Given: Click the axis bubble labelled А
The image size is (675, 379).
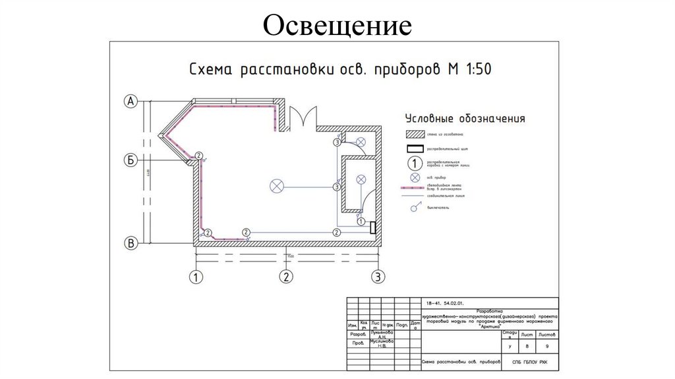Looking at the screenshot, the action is coord(131,101).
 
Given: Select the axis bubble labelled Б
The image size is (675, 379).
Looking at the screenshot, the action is coord(131,160).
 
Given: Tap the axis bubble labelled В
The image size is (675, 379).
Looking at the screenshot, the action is coord(131,244).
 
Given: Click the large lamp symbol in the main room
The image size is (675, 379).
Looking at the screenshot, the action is coord(276,187).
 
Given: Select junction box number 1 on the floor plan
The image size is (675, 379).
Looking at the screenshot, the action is coord(361,222).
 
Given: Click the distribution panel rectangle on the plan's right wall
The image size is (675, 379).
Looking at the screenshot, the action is coord(374,228).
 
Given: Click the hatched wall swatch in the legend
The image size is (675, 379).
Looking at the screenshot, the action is coord(415,135).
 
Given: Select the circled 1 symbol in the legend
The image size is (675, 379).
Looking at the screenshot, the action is coord(415,163).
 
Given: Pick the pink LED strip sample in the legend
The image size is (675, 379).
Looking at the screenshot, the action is coord(415,188).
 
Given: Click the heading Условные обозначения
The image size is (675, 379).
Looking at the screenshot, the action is coord(465,119).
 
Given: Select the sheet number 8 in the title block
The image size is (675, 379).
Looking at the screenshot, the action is coord(527,345).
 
